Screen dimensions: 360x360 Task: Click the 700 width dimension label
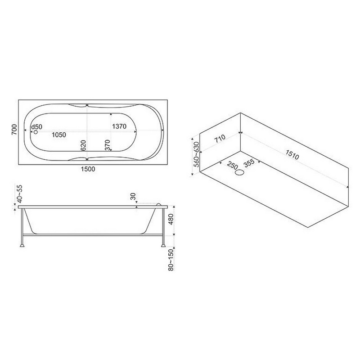(14, 130)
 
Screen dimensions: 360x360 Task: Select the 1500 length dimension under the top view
(88, 169)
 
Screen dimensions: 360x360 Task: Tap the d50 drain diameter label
(37, 127)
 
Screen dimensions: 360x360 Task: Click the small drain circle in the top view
(36, 132)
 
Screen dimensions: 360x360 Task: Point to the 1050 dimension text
(59, 135)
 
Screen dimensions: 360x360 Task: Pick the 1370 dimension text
(119, 126)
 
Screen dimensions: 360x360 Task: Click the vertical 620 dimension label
(83, 145)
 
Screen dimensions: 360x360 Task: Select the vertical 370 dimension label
(108, 145)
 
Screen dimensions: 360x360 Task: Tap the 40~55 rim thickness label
(20, 194)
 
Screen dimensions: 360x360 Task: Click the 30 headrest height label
(133, 197)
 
